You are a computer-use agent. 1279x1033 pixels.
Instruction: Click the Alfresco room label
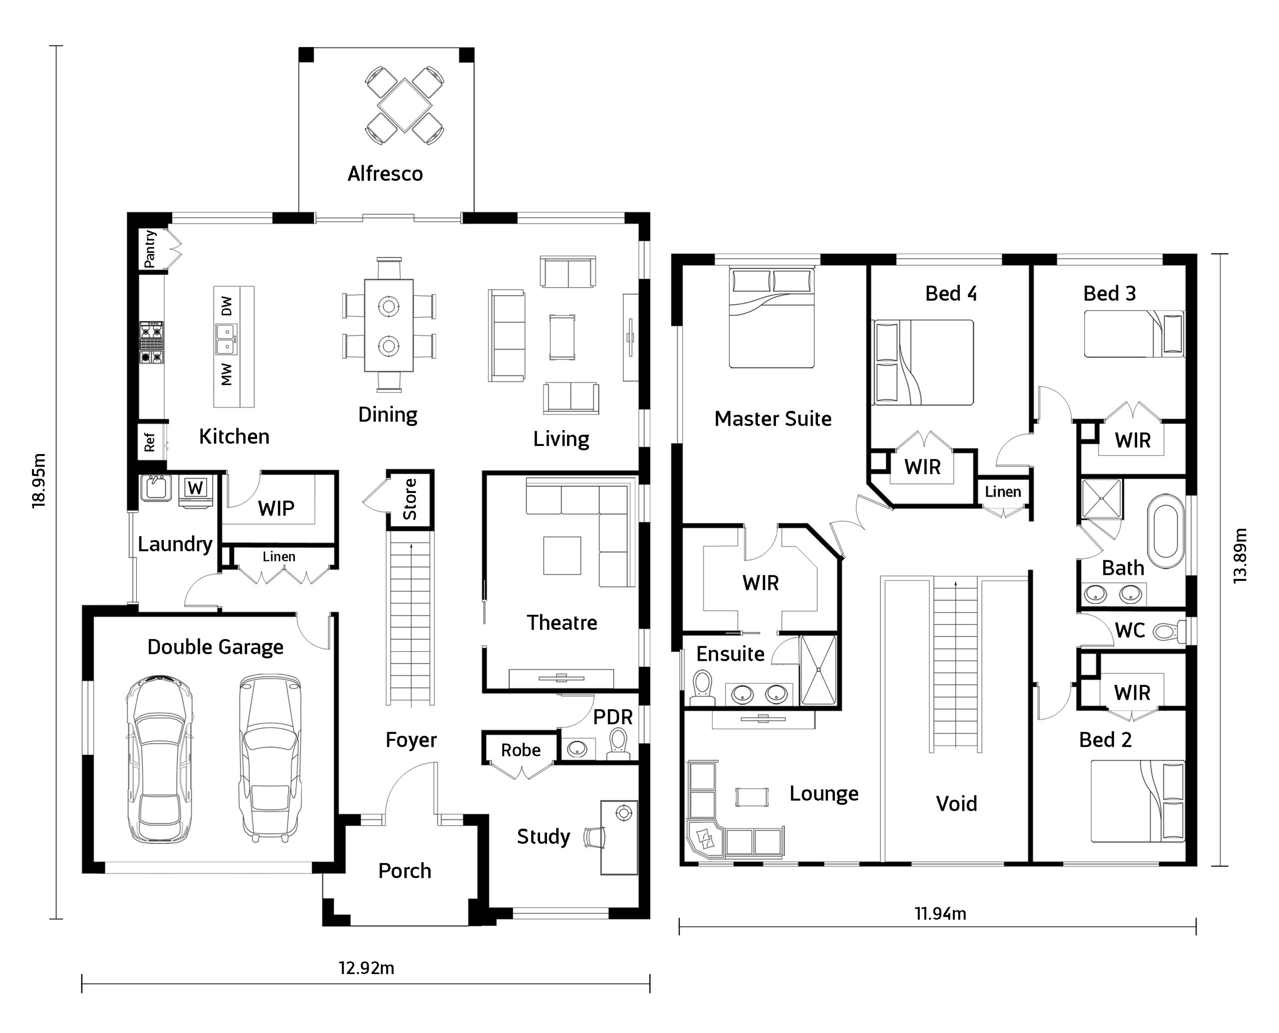[x=385, y=174]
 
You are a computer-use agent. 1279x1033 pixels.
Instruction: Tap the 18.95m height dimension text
[x=39, y=481]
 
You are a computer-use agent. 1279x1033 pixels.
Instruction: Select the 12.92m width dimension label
[x=367, y=968]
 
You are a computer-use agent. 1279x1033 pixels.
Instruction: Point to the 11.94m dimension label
[x=940, y=914]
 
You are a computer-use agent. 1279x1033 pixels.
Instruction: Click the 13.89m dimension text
[x=1240, y=556]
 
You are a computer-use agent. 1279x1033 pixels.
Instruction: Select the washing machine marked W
[x=196, y=492]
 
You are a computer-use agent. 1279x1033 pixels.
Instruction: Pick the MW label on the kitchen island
[x=227, y=374]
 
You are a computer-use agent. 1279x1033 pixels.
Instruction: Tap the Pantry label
[x=150, y=249]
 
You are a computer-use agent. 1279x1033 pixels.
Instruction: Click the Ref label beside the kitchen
[x=149, y=442]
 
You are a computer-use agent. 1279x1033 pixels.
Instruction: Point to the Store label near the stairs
[x=410, y=499]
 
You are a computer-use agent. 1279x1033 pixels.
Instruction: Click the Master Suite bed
[x=772, y=318]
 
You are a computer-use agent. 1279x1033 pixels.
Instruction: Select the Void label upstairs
[x=956, y=803]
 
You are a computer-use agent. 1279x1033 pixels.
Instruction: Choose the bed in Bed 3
[x=1134, y=334]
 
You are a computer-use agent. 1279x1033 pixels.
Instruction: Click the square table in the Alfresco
[x=405, y=105]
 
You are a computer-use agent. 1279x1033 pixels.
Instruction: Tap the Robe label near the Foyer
[x=521, y=750]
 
